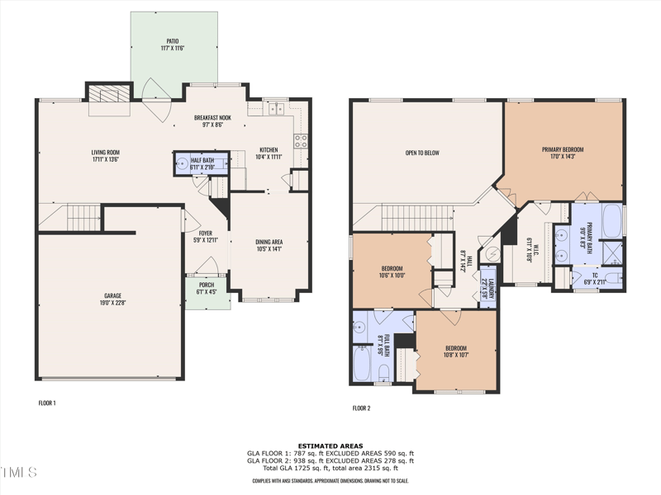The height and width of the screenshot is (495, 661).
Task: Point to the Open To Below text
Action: coord(421,153)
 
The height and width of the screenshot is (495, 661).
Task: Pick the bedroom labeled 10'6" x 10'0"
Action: coord(392,272)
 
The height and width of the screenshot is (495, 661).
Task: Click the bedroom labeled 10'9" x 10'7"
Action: coord(456,351)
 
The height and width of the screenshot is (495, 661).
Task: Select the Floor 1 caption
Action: coord(47,403)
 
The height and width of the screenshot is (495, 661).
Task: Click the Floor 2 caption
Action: coord(361,408)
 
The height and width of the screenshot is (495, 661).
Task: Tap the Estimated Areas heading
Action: coord(330,446)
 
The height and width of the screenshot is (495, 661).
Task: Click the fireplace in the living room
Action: coord(109,94)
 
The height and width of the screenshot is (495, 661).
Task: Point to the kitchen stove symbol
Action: coord(301,140)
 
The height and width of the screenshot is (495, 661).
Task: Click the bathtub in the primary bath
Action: coord(612,221)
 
